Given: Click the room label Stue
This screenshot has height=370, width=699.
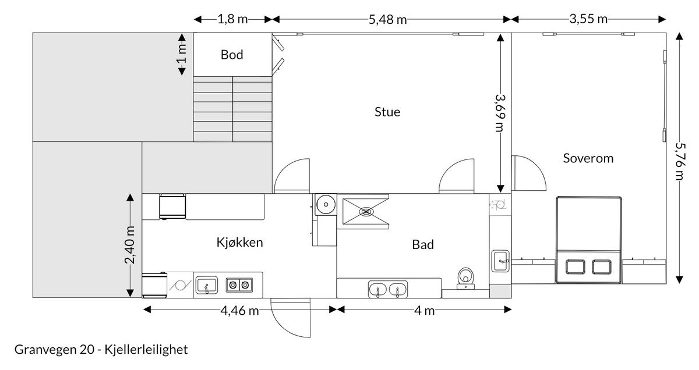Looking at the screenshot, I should [x=387, y=112].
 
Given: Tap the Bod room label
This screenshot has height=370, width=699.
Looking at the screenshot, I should [x=232, y=55].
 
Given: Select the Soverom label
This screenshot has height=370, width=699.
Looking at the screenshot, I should [x=588, y=158].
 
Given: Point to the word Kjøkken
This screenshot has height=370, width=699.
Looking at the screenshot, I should [x=239, y=243].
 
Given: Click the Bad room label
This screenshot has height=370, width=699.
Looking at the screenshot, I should [x=423, y=245].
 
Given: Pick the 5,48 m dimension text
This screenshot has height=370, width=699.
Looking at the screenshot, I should [x=388, y=19].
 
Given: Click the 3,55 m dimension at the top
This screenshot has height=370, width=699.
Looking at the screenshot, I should [x=588, y=19].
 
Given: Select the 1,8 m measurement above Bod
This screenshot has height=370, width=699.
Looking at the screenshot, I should [x=232, y=19].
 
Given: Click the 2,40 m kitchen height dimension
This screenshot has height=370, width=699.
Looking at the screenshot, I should [x=130, y=244].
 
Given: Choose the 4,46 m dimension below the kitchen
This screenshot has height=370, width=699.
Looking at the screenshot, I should [x=239, y=310].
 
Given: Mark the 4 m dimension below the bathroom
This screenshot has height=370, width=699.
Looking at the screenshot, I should [x=425, y=310].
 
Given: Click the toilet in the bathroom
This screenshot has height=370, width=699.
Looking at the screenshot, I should [x=465, y=277].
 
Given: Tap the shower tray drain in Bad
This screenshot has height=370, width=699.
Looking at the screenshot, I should [x=366, y=212].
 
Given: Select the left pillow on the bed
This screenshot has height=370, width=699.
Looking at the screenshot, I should [x=576, y=266].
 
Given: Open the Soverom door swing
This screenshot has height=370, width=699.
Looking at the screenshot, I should [x=529, y=175].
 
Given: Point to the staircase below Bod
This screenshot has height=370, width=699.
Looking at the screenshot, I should [x=233, y=109].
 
